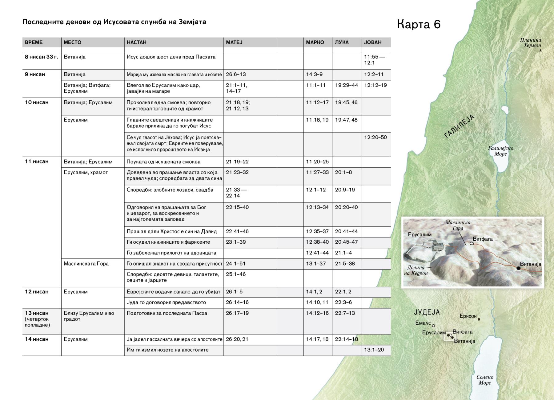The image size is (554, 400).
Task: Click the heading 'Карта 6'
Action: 419,24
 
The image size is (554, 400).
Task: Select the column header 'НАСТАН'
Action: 136,42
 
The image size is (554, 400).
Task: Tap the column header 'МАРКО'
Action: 315,42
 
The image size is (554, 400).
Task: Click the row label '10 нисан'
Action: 37,102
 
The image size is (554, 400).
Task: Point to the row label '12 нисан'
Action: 37,292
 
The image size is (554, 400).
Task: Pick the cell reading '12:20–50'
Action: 375,137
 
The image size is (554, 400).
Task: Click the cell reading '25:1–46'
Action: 236,274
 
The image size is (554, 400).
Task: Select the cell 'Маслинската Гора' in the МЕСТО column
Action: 86,264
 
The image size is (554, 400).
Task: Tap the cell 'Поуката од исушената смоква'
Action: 163,162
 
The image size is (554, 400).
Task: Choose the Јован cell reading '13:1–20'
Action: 374,350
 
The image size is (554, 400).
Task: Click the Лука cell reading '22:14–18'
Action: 347,339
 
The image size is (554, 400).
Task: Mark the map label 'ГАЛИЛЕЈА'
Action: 460,126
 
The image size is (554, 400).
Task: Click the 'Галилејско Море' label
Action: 500,151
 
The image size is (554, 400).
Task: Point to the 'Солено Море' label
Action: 485,380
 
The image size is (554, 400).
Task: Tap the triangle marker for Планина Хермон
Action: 540,50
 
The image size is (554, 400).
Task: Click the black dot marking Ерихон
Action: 479,319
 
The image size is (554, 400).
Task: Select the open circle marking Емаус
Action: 433,326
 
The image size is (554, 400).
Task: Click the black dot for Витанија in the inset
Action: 518,268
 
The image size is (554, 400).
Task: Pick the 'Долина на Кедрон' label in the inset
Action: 416,270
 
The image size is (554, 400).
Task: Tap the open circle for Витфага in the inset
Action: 472,243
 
